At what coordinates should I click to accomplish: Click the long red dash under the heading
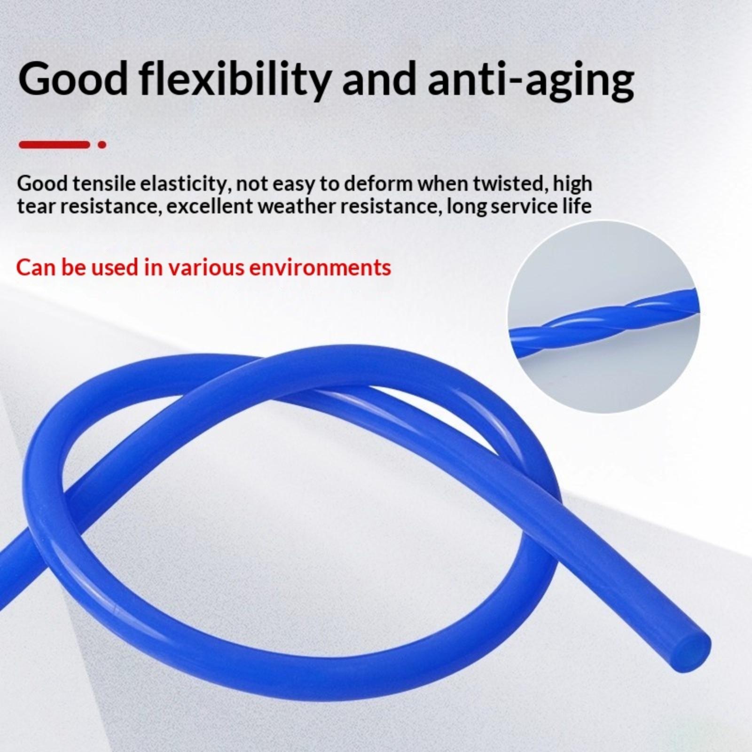[x=54, y=145]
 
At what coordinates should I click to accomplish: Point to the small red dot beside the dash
[x=102, y=145]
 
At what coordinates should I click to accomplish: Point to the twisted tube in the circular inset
[x=604, y=320]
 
